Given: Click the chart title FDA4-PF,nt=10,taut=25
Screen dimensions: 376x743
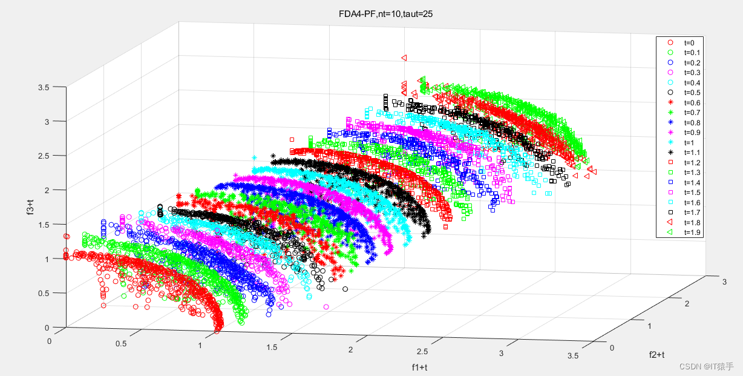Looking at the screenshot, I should click(x=385, y=13).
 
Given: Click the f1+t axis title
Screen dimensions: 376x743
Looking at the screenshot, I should click(x=420, y=368).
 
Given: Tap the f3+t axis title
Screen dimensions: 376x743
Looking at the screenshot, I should click(x=30, y=206).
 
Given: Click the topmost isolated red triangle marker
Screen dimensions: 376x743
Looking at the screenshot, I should click(x=404, y=58).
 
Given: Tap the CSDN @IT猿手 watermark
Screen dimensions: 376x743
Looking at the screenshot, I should click(x=706, y=366).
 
